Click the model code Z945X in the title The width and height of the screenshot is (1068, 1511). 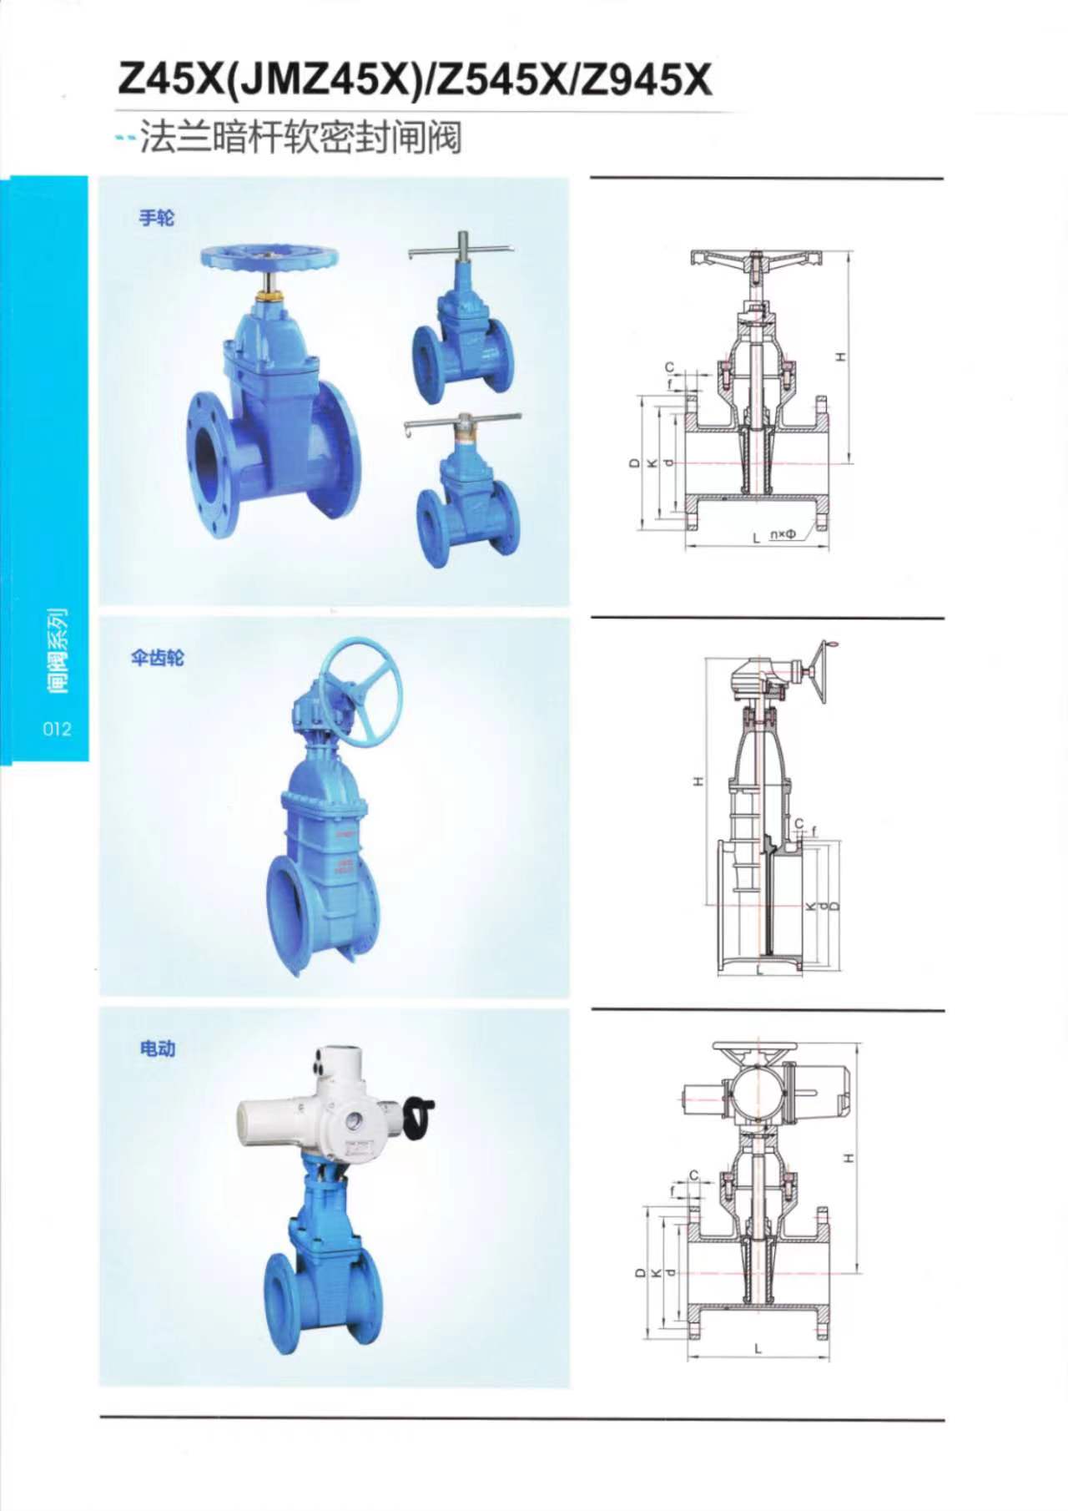click(x=648, y=82)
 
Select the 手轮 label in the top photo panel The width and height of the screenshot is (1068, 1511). click(x=156, y=218)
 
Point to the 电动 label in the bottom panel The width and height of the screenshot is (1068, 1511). click(x=158, y=1048)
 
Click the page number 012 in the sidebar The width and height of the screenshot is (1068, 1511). click(x=57, y=728)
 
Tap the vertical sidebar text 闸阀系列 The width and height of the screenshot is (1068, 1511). click(x=57, y=649)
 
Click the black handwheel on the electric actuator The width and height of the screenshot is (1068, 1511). click(x=418, y=1115)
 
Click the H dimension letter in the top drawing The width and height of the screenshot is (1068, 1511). click(x=841, y=357)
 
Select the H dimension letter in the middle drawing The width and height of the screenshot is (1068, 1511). click(x=698, y=782)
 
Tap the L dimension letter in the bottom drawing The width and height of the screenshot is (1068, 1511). click(x=757, y=1348)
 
